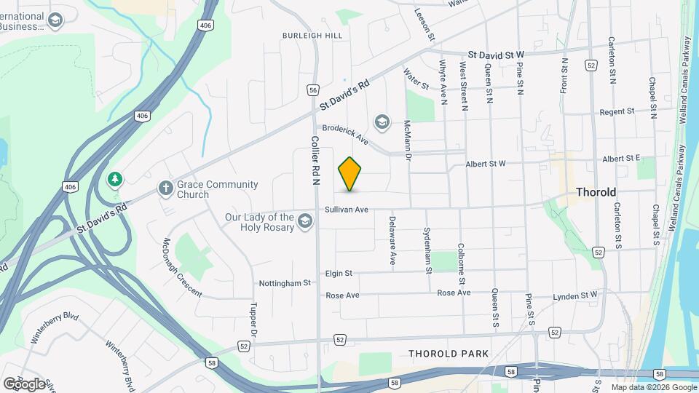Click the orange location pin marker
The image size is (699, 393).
click(x=350, y=173)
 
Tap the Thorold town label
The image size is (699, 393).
click(x=596, y=192)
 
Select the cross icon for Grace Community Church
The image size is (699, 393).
click(x=165, y=189)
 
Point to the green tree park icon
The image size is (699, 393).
click(x=114, y=179)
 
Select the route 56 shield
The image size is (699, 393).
click(x=313, y=90)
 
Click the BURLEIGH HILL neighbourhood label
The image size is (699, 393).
click(x=312, y=35)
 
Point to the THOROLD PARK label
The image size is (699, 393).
click(x=448, y=354)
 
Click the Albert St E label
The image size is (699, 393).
click(x=621, y=159)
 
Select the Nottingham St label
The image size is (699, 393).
click(x=285, y=282)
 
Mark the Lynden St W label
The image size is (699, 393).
click(x=574, y=295)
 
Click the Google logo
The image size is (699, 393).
click(x=23, y=384)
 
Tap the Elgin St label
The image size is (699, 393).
click(x=339, y=273)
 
